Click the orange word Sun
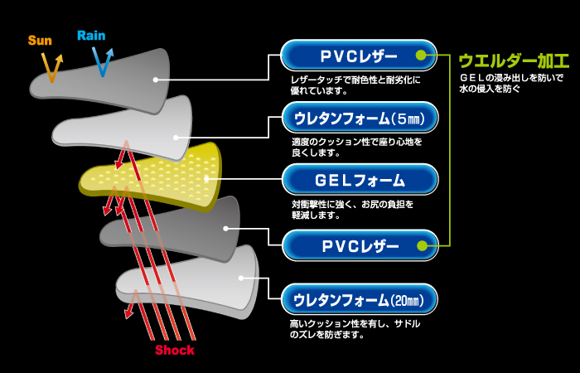pyautogui.click(x=40, y=39)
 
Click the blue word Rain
pyautogui.click(x=91, y=36)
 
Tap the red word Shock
pyautogui.click(x=175, y=350)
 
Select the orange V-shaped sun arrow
pyautogui.click(x=53, y=67)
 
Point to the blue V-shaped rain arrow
pyautogui.click(x=103, y=61)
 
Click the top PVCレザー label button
pyautogui.click(x=359, y=56)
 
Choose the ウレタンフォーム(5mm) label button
pyautogui.click(x=359, y=119)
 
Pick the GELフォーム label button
pyautogui.click(x=359, y=180)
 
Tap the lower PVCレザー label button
pyautogui.click(x=359, y=245)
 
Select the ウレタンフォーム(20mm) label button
pyautogui.click(x=359, y=300)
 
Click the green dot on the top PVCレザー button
pyautogui.click(x=421, y=56)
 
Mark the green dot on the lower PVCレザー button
pyautogui.click(x=421, y=245)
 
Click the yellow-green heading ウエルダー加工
pyautogui.click(x=513, y=61)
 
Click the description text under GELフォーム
pyautogui.click(x=352, y=209)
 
